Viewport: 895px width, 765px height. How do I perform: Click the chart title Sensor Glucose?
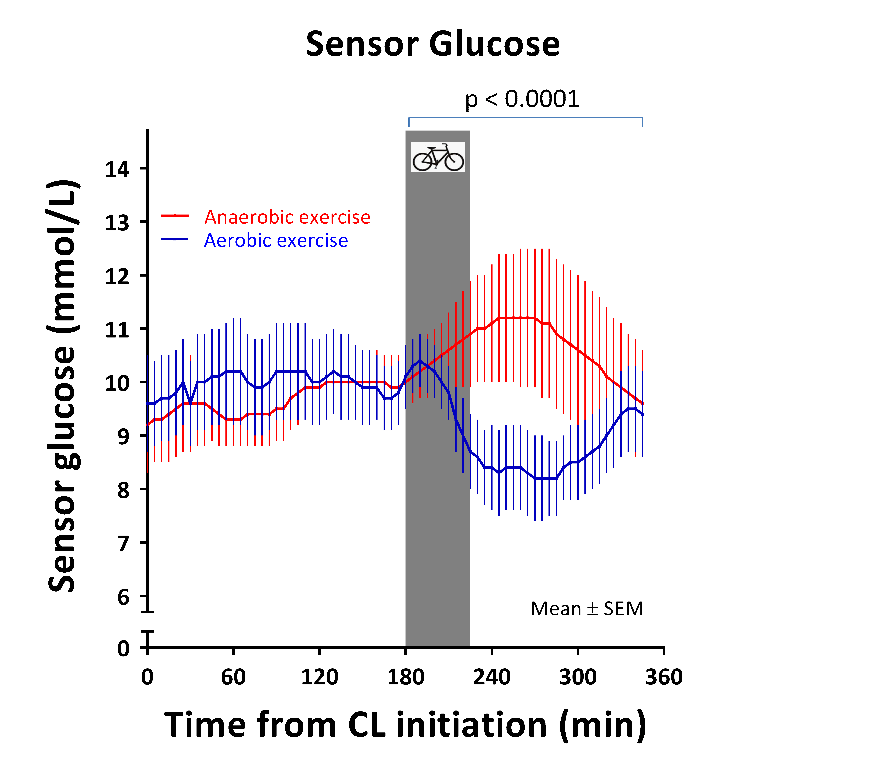tap(433, 44)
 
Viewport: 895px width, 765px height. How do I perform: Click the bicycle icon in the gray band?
tap(438, 157)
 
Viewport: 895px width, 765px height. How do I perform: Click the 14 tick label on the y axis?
tap(117, 169)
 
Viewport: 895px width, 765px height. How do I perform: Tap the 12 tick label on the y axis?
tap(117, 276)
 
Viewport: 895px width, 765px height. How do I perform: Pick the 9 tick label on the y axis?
tap(124, 437)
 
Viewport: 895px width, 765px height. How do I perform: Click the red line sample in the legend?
tap(175, 216)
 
